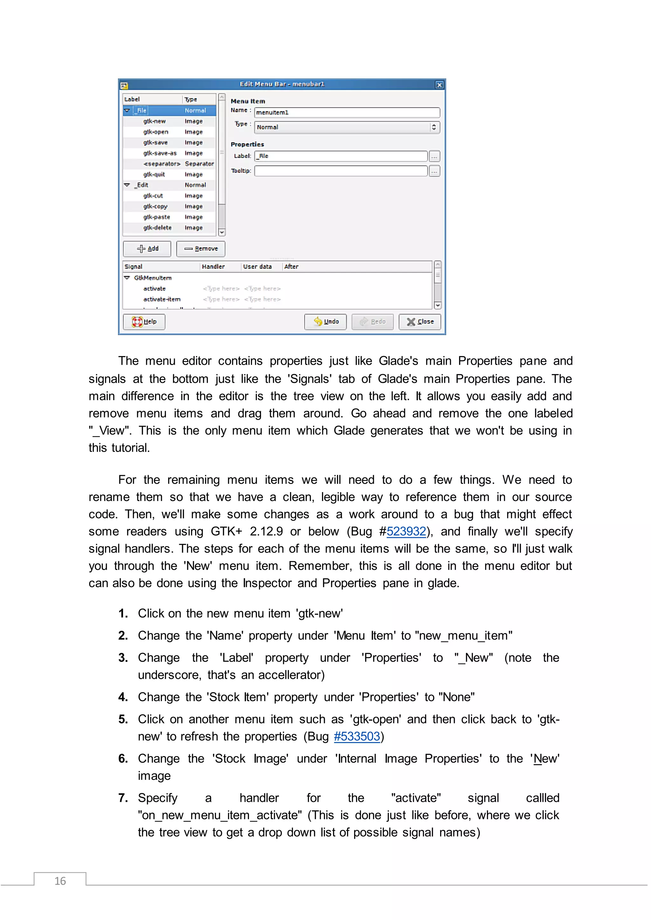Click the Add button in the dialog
pos(147,249)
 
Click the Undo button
pos(325,322)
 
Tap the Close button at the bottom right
pos(420,322)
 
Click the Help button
pos(144,322)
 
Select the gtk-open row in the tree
pos(156,132)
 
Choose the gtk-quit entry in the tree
pos(154,175)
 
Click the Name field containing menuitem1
pos(347,112)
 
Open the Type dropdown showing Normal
pos(347,127)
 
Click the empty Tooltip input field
pos(341,171)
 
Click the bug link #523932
pos(406,532)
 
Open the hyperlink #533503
pos(357,736)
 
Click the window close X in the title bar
pos(439,85)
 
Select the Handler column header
pos(213,267)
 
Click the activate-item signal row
pos(162,299)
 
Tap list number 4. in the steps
pos(123,697)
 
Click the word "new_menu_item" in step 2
pos(463,636)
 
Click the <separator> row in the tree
pos(162,164)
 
